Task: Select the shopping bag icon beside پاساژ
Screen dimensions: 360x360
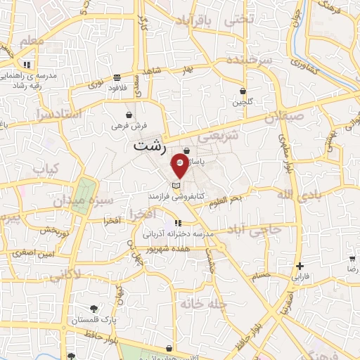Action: pos(186,150)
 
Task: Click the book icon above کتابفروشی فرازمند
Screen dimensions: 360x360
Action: pos(176,184)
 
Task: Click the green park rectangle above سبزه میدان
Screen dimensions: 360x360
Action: pos(85,191)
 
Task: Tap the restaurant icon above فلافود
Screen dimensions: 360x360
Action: pos(116,77)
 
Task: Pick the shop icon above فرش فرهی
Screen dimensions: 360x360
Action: pos(129,115)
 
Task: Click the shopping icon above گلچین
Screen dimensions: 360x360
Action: pos(243,91)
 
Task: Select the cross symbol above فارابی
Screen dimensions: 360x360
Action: pos(300,266)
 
